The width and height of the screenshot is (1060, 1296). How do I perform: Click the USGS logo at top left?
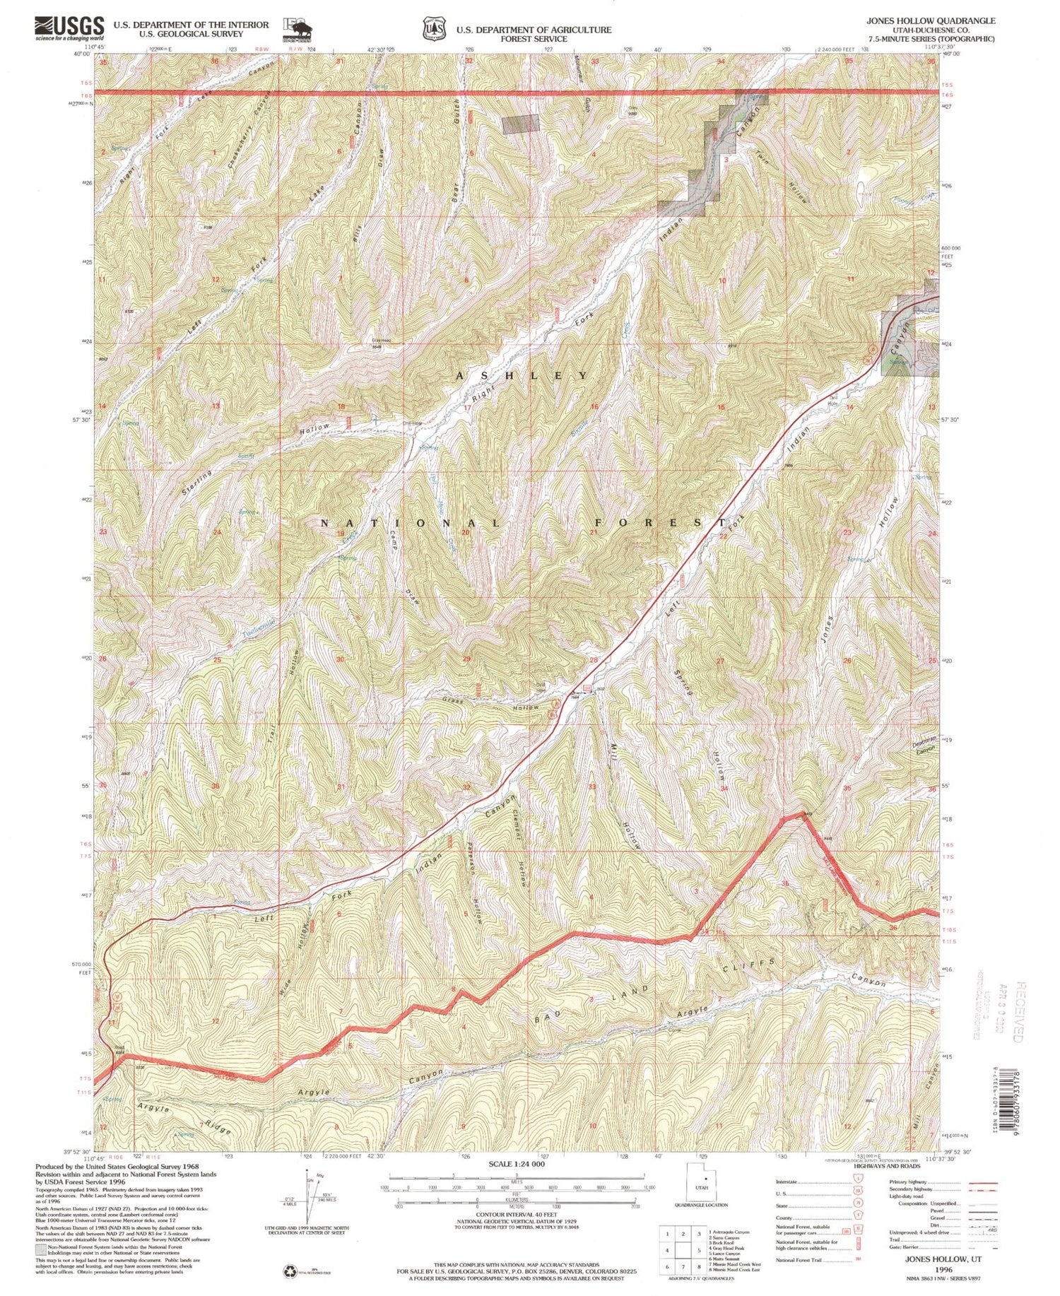click(x=69, y=28)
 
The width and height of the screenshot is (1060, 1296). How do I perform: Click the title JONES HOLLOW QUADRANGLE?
click(x=931, y=20)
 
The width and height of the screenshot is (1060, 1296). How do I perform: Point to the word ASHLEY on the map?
click(x=522, y=375)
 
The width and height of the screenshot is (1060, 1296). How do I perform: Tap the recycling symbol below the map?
click(x=291, y=1271)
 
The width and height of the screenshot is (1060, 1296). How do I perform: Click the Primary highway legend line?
click(x=982, y=1183)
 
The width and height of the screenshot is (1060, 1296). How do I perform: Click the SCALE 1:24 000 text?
click(x=517, y=1164)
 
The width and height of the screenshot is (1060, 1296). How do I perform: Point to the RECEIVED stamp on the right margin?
click(x=1018, y=1011)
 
